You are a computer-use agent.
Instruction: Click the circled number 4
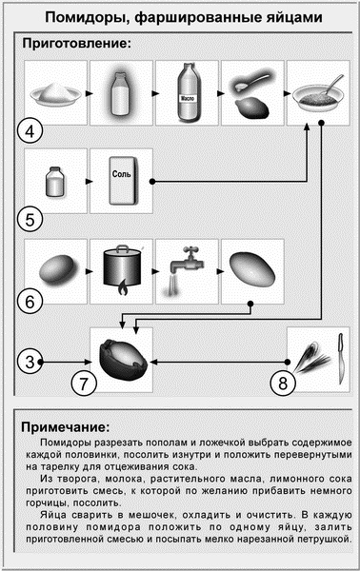coord(30,130)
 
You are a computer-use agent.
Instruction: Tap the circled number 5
coord(30,219)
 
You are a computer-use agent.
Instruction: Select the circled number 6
coord(30,303)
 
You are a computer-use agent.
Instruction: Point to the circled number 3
coord(30,362)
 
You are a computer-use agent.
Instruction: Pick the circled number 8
coord(283,384)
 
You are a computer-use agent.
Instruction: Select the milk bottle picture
coord(121,94)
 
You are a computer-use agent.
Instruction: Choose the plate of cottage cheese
coord(54,94)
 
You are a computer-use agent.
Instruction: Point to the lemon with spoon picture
coord(252,94)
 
